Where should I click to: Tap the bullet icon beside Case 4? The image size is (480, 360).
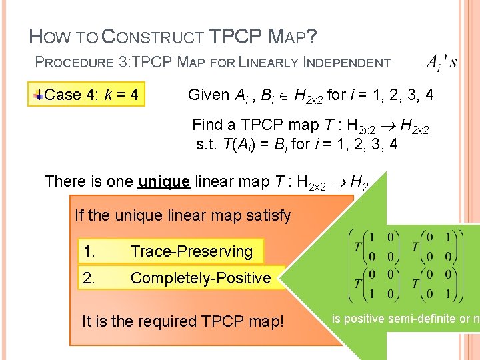[x=39, y=95]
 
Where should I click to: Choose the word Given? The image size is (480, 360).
[x=209, y=95]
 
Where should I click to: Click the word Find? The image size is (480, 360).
[x=207, y=125]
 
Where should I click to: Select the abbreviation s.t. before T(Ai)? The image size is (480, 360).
[x=208, y=143]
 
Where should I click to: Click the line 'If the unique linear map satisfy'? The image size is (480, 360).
[x=183, y=215]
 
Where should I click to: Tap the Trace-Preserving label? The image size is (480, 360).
[x=191, y=251]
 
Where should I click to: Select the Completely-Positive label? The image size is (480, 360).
[x=200, y=278]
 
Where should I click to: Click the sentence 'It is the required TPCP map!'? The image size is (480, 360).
[x=182, y=321]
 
